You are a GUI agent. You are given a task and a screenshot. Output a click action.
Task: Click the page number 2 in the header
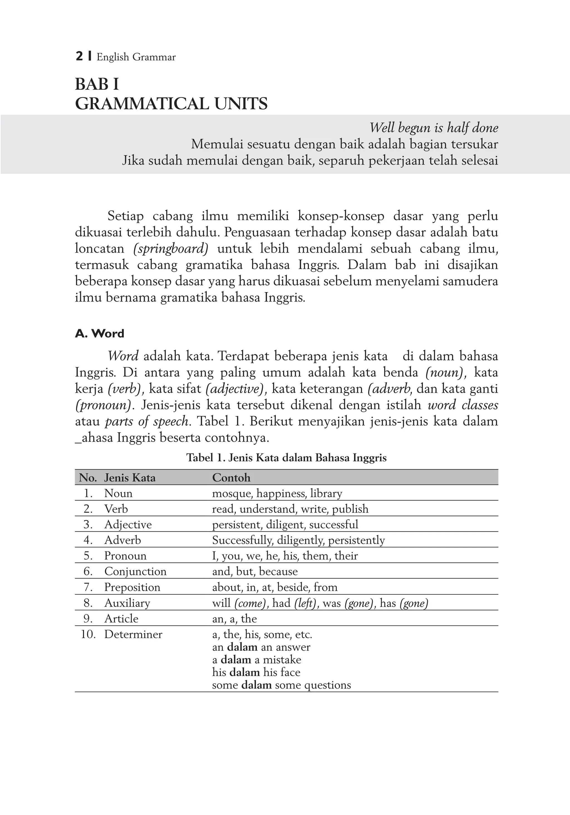(x=79, y=57)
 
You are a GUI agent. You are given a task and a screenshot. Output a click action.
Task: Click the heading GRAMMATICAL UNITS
(x=171, y=104)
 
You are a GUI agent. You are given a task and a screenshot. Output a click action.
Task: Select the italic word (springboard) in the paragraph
(x=171, y=248)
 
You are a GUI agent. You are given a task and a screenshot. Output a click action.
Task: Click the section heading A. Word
(x=100, y=333)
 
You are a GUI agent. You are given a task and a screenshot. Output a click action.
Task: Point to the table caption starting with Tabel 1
(x=286, y=458)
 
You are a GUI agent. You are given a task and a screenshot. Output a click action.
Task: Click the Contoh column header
(x=231, y=477)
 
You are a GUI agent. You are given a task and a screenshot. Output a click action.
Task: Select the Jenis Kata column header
(x=130, y=477)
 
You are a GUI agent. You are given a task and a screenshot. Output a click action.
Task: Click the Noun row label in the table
(x=118, y=493)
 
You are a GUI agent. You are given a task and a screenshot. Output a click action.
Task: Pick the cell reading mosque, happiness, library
(x=277, y=493)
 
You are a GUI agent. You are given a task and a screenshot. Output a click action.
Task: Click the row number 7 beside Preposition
(x=88, y=587)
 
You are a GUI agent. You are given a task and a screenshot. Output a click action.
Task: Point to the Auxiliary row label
(x=127, y=603)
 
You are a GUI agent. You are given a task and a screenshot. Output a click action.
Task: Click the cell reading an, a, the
(x=234, y=619)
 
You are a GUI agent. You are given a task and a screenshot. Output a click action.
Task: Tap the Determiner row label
(x=133, y=634)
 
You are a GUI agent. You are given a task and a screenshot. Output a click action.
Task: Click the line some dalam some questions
(x=281, y=685)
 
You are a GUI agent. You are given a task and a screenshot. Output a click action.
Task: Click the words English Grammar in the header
(x=136, y=57)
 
